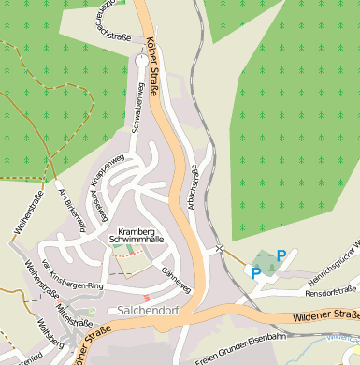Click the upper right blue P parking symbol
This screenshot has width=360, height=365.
click(281, 255)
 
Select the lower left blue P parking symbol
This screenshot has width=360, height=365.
click(256, 272)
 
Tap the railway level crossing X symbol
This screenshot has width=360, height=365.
click(219, 249)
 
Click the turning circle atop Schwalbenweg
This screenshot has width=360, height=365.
click(140, 58)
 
